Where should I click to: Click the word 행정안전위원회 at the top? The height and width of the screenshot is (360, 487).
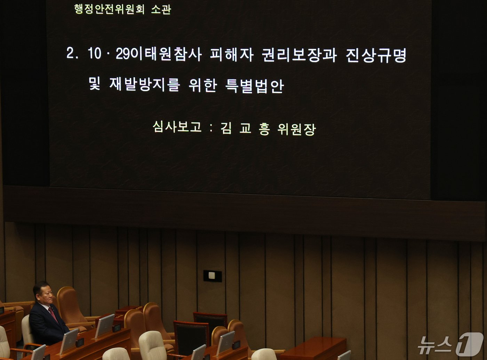pyautogui.click(x=109, y=9)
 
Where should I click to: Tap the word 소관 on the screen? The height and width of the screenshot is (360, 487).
pyautogui.click(x=161, y=9)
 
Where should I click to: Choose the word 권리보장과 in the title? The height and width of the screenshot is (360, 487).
pyautogui.click(x=299, y=55)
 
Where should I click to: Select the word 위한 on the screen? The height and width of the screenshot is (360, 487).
pyautogui.click(x=203, y=85)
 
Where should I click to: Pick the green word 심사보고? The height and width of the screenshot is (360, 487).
pyautogui.click(x=177, y=127)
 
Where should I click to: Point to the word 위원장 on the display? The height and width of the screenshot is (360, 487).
pyautogui.click(x=297, y=129)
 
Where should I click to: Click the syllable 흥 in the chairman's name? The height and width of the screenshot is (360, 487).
pyautogui.click(x=264, y=129)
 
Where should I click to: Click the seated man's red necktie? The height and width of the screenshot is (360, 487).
pyautogui.click(x=53, y=314)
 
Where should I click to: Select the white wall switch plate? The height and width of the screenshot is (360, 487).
pyautogui.click(x=212, y=276)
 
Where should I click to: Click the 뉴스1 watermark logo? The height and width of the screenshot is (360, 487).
pyautogui.click(x=450, y=344)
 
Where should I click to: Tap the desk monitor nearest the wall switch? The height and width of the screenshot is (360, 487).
pyautogui.click(x=226, y=343)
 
